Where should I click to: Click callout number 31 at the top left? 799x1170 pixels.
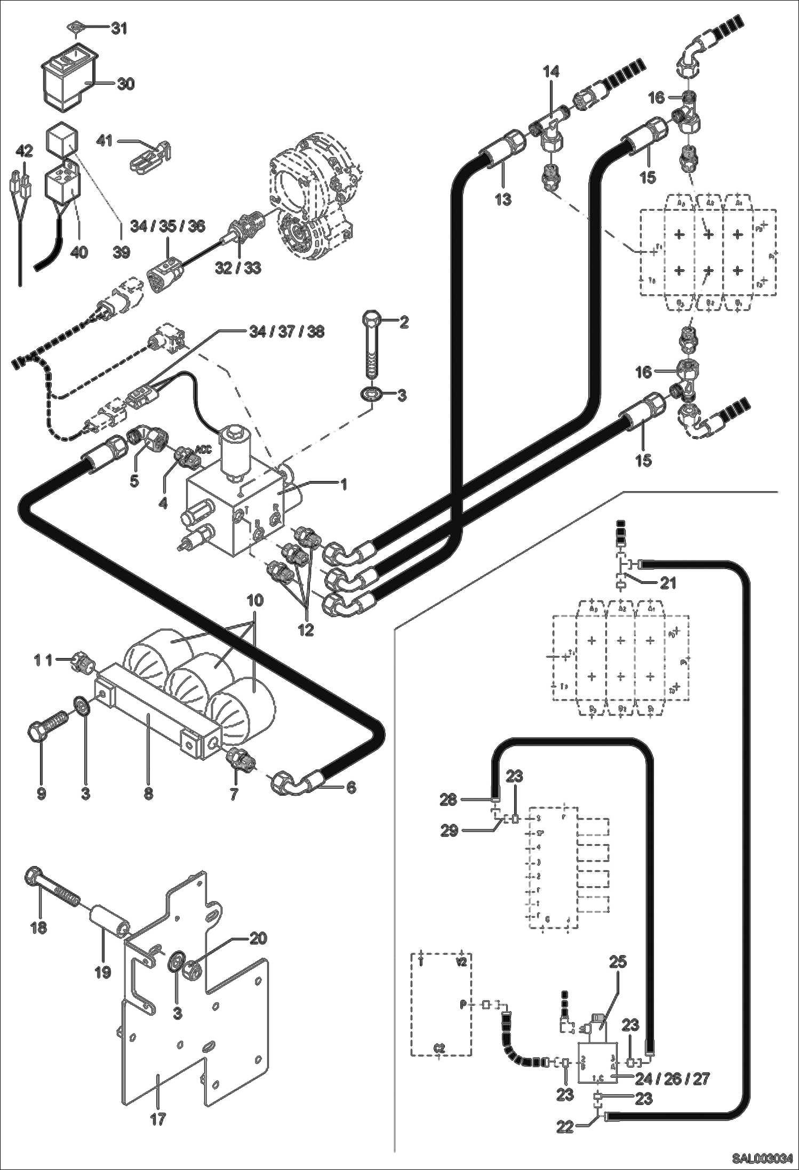[119, 28]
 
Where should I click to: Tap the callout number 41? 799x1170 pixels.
[105, 141]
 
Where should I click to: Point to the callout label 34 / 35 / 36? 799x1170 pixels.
[168, 226]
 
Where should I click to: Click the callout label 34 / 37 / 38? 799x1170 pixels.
[286, 332]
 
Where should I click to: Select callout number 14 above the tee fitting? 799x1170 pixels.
[552, 72]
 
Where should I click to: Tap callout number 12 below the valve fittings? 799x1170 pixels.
[306, 630]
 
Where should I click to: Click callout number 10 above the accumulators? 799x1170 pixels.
[255, 600]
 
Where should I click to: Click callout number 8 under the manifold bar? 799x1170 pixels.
[148, 794]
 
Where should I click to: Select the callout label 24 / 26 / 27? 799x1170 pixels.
[672, 1078]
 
